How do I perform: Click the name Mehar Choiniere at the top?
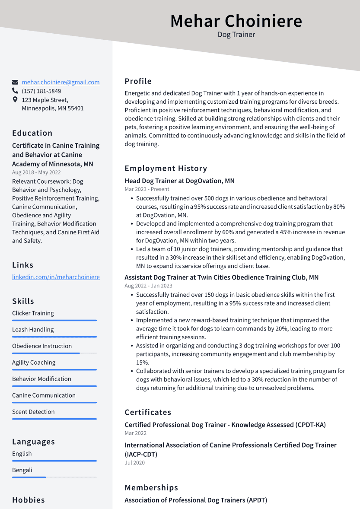pos(236,21)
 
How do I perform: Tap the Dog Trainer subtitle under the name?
pos(236,35)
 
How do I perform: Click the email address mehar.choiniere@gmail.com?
pos(61,82)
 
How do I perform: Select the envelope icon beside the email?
pos(15,82)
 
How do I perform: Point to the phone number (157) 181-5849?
pos(41,91)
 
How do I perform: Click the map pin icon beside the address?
pos(15,100)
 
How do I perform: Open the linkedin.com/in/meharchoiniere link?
pos(56,277)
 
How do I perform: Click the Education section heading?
pos(32,133)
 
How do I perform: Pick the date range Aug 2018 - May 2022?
pos(36,172)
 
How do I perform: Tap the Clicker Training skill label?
pos(33,313)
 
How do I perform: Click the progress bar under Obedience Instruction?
pos(54,353)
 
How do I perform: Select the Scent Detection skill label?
pos(33,412)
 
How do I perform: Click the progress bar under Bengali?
pos(54,477)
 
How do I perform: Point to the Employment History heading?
pos(166,169)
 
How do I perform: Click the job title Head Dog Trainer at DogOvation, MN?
pos(179,181)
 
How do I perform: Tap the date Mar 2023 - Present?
pos(147,189)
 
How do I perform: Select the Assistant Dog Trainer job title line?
pos(221,277)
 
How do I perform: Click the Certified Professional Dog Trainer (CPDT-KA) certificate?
pos(225,425)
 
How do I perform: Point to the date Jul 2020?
pos(134,463)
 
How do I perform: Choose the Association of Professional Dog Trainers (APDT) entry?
pos(196,500)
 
